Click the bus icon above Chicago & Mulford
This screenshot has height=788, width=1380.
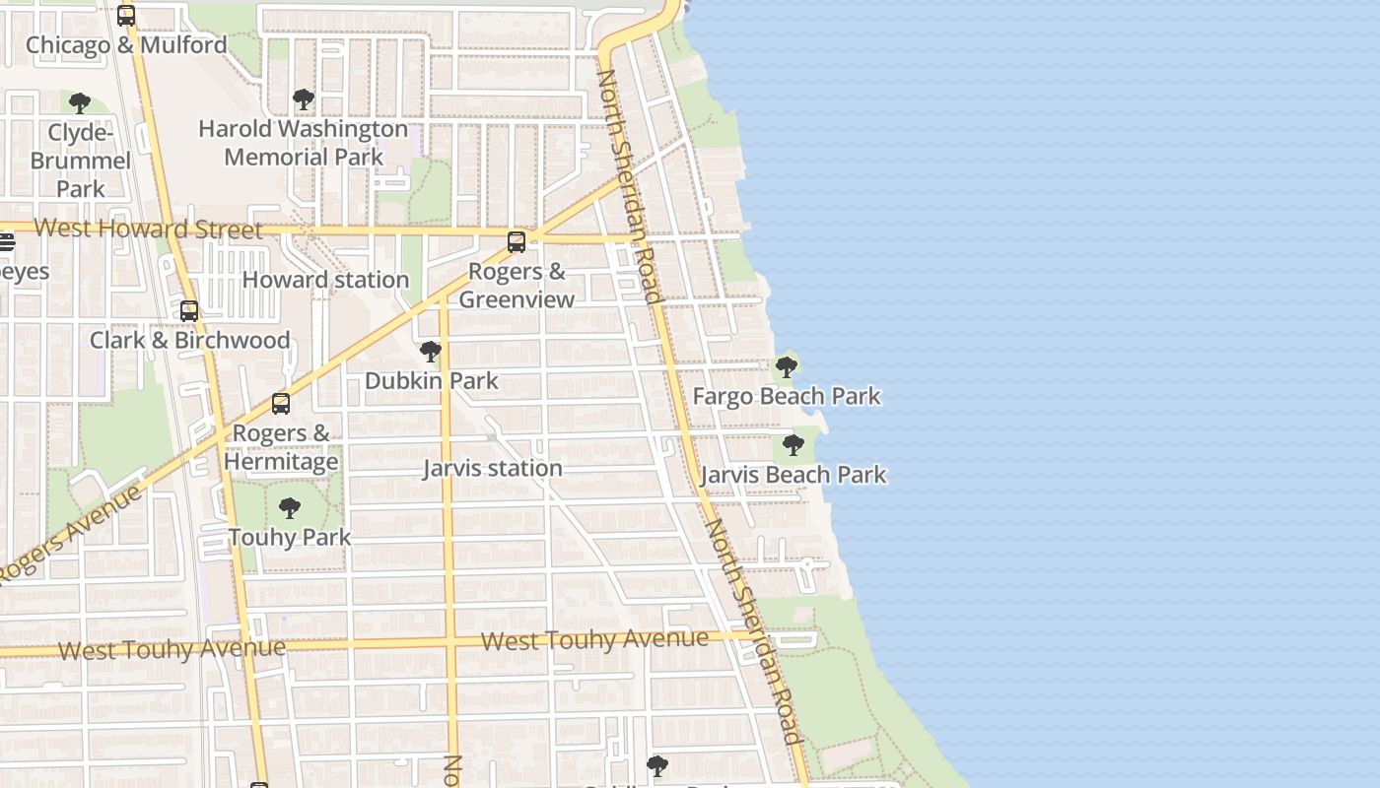pos(126,15)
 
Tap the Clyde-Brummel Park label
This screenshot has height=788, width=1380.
pos(80,160)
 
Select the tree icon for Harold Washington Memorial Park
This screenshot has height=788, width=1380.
pos(304,99)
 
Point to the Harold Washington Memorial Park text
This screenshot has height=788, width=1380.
pos(303,143)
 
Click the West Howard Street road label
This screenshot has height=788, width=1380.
pos(149,230)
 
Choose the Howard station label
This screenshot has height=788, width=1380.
pos(325,280)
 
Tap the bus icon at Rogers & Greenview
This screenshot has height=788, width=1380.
pos(517,241)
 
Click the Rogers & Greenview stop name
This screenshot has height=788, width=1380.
pos(517,286)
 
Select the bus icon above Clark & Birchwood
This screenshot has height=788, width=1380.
pos(189,311)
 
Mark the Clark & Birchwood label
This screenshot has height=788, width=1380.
pos(190,341)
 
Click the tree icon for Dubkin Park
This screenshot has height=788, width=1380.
pos(431,352)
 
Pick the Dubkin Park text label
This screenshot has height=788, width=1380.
pos(432,381)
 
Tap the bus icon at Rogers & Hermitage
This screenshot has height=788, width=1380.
pos(281,404)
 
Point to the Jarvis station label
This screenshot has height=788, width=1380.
pos(493,469)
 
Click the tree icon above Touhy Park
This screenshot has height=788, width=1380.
pos(290,508)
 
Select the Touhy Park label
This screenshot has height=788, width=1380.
pos(290,538)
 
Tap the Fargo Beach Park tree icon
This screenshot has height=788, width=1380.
pos(787,367)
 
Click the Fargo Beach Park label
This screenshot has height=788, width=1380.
pos(787,397)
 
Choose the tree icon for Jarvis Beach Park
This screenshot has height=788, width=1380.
pos(793,445)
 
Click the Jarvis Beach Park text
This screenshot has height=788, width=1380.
pos(793,476)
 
